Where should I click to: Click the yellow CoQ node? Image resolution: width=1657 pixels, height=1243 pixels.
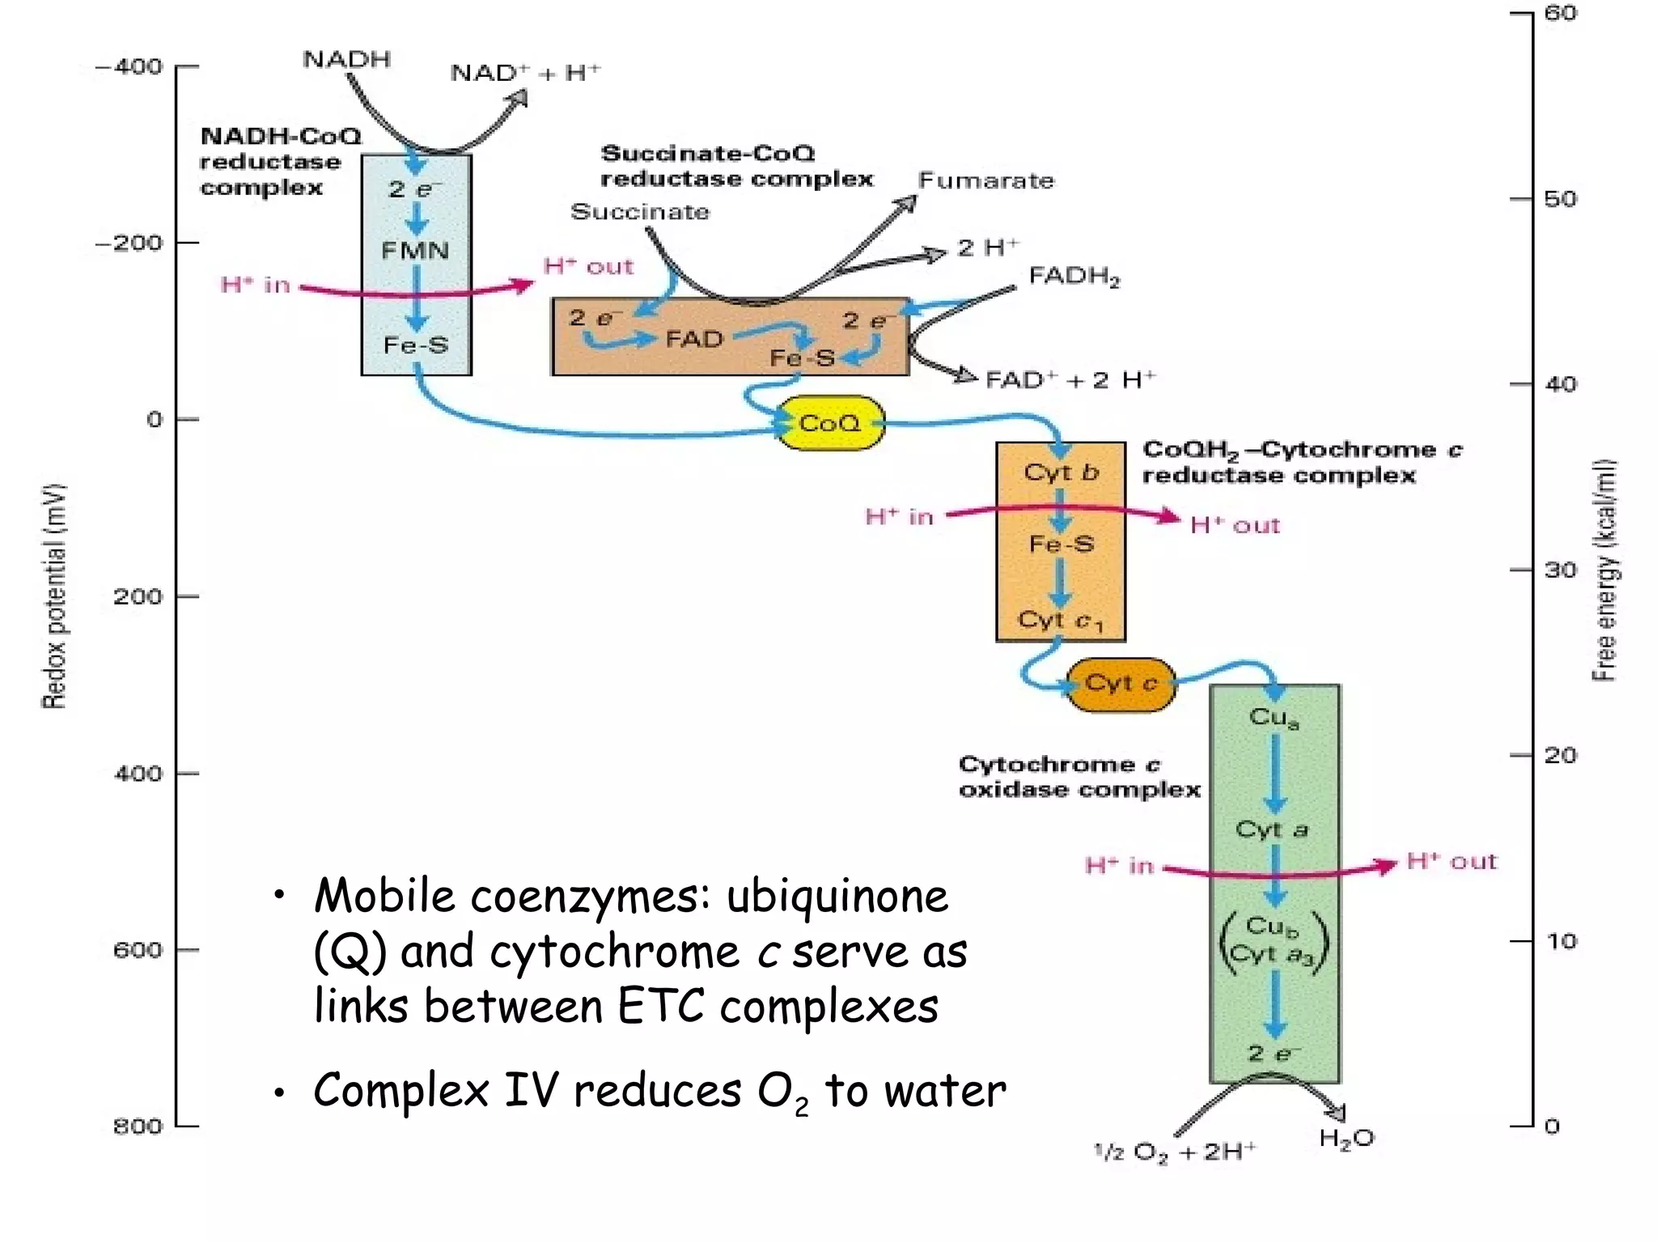(x=829, y=423)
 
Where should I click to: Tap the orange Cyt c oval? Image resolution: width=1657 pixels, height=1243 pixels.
(x=1121, y=685)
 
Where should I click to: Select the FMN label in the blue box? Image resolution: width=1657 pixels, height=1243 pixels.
(x=415, y=250)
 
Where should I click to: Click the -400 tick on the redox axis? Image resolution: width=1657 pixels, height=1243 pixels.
(x=129, y=66)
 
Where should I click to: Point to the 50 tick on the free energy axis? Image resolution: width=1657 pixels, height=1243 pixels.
(x=1560, y=199)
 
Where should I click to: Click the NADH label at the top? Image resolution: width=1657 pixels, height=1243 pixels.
(x=347, y=60)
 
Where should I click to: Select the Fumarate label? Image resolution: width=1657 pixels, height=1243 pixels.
(x=986, y=180)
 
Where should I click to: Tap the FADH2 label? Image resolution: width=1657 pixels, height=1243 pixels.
(x=1074, y=277)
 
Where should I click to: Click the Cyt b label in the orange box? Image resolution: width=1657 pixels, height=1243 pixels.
(x=1061, y=472)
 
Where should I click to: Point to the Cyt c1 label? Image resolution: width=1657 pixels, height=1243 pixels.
(x=1060, y=621)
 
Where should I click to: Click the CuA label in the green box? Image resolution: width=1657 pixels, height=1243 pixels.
(x=1273, y=717)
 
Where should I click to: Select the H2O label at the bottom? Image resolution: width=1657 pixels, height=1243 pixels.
(x=1346, y=1139)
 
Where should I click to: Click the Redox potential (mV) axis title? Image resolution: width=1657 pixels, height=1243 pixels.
(x=53, y=596)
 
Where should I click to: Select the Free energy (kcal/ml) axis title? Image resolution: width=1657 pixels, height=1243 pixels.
(x=1604, y=571)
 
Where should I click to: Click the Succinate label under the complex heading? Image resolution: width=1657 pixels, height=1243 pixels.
(x=639, y=212)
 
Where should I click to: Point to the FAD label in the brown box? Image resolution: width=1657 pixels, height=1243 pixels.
(x=694, y=338)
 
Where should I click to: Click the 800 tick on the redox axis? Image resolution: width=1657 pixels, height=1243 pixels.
(x=137, y=1126)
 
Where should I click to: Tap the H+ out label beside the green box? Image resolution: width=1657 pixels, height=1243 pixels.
(x=1451, y=861)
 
